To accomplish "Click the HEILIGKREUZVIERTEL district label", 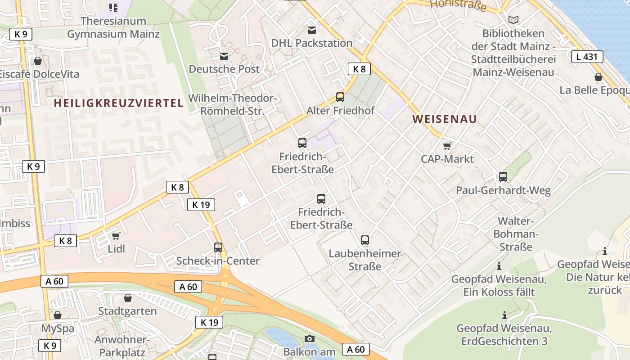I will click(119, 103).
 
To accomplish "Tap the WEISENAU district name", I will click(445, 119).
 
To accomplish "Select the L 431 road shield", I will click(587, 57).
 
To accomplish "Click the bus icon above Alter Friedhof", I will click(340, 97).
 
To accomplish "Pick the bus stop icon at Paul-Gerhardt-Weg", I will click(503, 177).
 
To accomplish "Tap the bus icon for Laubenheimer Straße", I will click(365, 240).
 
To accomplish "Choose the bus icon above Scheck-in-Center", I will click(218, 247).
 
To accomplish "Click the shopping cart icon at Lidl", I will click(116, 236).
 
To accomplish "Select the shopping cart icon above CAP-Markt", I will click(447, 146).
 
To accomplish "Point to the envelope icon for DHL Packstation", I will click(311, 30).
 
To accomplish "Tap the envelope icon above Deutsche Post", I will click(224, 56).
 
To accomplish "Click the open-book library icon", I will click(513, 20).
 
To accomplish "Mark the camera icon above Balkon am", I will click(310, 338).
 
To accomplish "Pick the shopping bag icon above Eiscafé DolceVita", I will click(38, 61).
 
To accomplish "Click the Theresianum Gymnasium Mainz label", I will click(113, 27).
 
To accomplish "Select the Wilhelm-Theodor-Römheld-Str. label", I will click(232, 104).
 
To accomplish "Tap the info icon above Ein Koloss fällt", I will click(499, 266).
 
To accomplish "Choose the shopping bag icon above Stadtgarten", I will click(128, 298).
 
